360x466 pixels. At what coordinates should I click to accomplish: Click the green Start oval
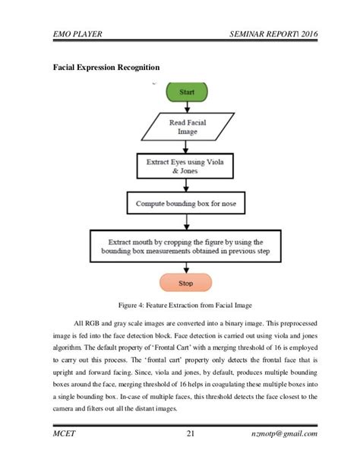click(185, 91)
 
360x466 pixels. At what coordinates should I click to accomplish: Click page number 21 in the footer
click(191, 434)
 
